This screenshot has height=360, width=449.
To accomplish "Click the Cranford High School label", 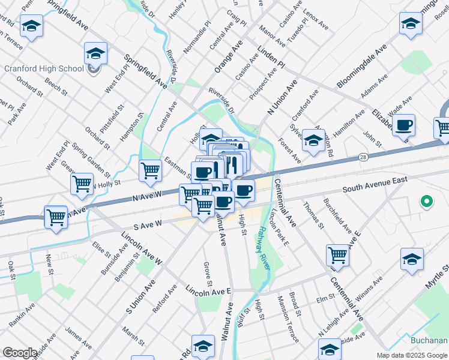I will click(44, 68).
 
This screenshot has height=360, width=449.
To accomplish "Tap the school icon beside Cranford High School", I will click(95, 54).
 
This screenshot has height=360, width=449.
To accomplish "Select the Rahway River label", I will click(264, 244).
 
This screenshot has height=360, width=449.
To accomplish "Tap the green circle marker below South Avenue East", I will click(426, 202).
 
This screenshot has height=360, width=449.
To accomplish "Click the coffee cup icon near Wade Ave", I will click(404, 126).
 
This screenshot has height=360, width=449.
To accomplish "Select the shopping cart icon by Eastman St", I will click(150, 170).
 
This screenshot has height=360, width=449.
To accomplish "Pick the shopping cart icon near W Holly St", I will click(82, 184).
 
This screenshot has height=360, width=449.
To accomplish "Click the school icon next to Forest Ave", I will click(313, 141).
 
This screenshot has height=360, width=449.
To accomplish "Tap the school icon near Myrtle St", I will click(412, 260).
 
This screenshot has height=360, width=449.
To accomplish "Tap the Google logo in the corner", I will click(20, 353).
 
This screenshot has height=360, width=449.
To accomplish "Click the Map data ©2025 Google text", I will click(412, 355).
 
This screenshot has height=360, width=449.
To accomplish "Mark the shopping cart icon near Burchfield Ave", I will click(338, 255).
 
